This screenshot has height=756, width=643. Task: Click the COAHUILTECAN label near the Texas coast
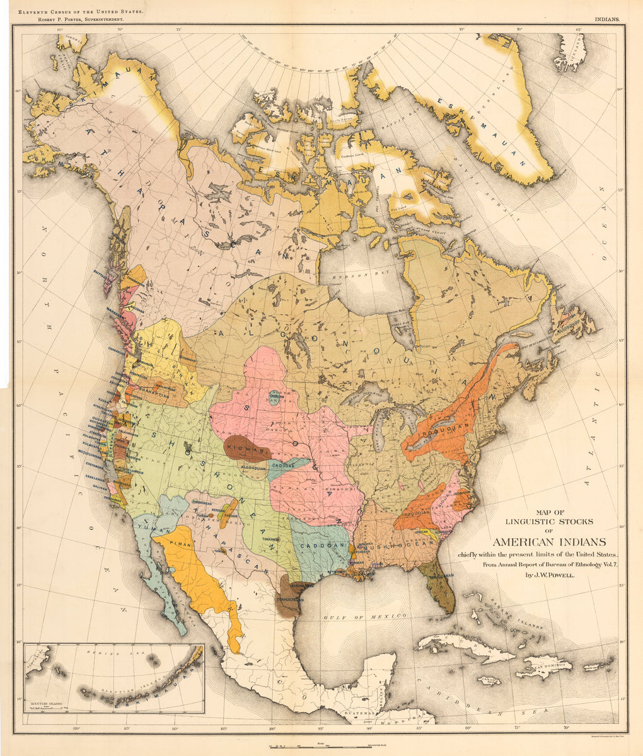click(x=290, y=599)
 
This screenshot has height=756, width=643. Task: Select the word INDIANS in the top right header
click(x=606, y=20)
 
